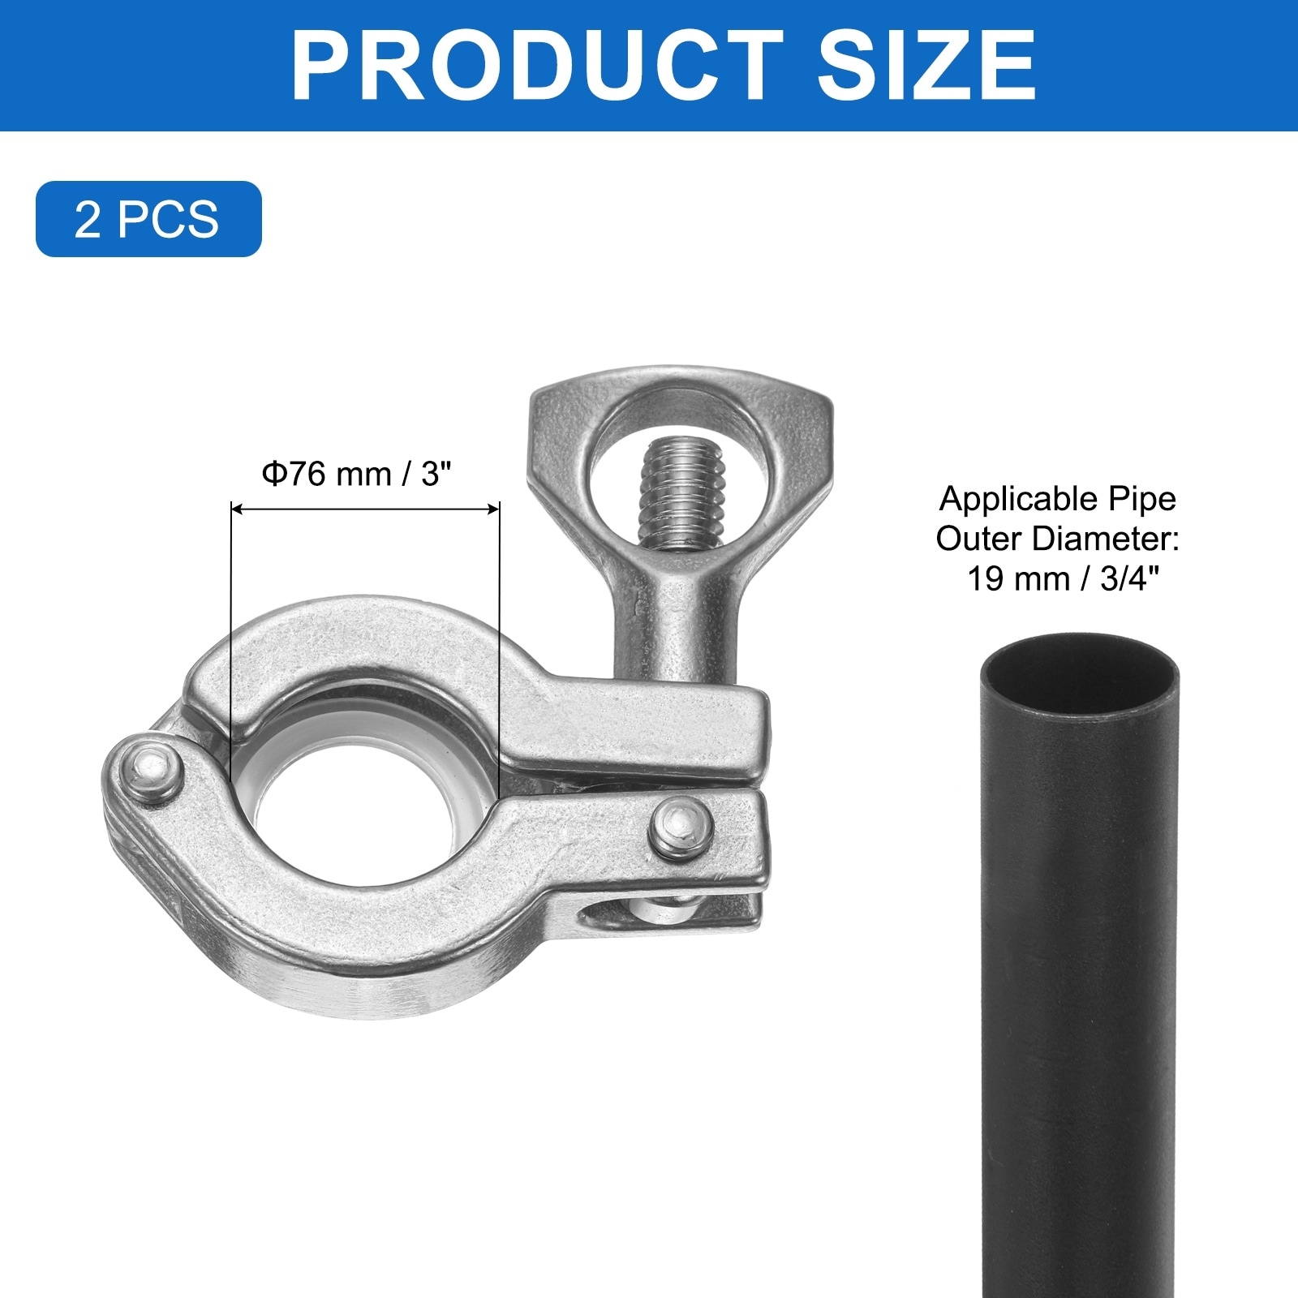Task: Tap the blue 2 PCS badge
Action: tap(148, 219)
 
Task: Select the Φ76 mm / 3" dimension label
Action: tap(356, 473)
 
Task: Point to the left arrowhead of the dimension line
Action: tap(238, 509)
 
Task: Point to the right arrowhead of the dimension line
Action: tap(492, 509)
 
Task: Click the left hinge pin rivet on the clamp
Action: tap(153, 771)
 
